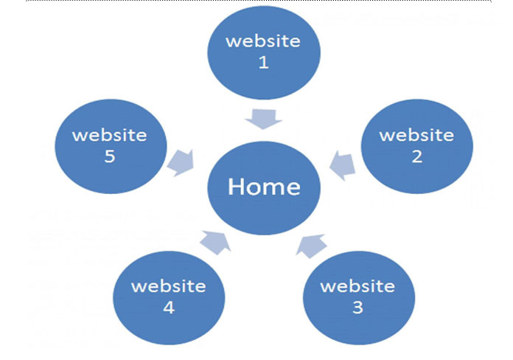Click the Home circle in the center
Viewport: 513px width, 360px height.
pos(264,188)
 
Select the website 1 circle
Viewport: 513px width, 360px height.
pos(264,52)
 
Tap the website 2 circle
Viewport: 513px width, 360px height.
pos(417,146)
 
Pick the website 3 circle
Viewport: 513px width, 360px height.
pos(359,298)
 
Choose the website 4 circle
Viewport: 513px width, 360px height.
pos(169,298)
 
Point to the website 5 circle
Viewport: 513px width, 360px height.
pos(111,146)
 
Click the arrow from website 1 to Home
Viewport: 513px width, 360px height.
pos(264,120)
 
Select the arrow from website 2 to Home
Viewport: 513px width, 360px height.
pos(343,165)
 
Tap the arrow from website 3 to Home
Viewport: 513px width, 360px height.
pos(311,246)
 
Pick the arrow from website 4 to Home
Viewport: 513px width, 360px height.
pos(216,243)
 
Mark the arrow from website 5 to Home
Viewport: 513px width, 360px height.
pos(181,163)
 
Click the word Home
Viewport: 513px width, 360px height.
pos(264,187)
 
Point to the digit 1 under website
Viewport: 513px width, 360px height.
pos(264,62)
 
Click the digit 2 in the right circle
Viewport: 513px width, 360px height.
pos(417,156)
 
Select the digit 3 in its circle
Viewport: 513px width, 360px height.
pos(358,308)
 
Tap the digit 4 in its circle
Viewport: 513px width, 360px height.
pos(169,308)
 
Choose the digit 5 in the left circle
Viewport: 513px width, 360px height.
pos(110,156)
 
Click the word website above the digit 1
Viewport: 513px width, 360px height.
pos(263,41)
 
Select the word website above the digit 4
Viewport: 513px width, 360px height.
pos(169,286)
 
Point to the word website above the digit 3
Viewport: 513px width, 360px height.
pos(357,286)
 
